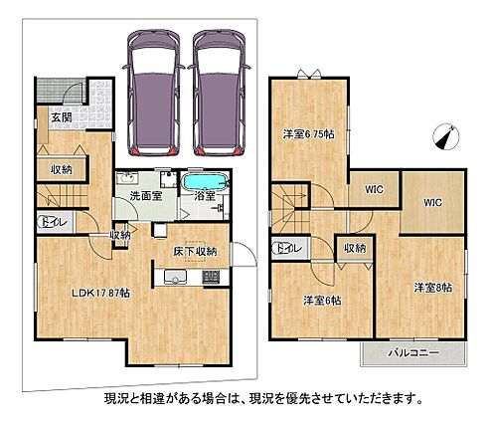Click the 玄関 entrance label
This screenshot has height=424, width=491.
pos(62,117)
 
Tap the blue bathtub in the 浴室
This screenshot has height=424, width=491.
pos(206,182)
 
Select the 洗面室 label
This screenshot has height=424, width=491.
pos(146,196)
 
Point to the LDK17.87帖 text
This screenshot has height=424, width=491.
pos(101,293)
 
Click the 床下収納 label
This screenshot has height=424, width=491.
pos(195,251)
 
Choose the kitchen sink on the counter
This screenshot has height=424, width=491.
pos(175,277)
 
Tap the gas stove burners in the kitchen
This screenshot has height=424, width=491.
pos(211,277)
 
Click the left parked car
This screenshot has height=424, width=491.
pos(154,93)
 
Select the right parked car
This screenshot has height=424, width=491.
pos(220,93)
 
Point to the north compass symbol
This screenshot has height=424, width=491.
pos(446,136)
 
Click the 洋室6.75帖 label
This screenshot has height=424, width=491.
pos(308,134)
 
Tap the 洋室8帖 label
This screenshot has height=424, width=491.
pos(433,288)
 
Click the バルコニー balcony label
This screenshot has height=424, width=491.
pos(413,352)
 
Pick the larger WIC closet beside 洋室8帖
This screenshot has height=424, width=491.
pos(432,202)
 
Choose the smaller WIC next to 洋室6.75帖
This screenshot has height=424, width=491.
pos(374,189)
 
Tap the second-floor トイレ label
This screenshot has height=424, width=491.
pos(289,248)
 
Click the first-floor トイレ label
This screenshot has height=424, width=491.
pos(55,222)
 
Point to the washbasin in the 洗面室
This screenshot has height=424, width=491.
pos(127,178)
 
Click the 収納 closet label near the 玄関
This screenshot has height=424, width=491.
pos(62,170)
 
